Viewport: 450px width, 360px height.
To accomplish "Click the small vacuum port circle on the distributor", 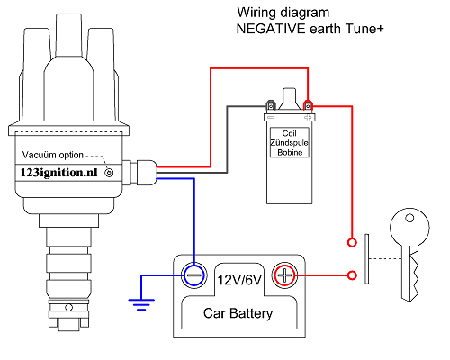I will point(110,171).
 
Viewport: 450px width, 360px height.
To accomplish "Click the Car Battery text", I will point(238,314).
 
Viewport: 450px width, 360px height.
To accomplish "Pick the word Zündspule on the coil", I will point(290,142).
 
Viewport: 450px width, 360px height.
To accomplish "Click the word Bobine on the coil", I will point(290,153).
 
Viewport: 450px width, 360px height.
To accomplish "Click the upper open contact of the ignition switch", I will point(351,242).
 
